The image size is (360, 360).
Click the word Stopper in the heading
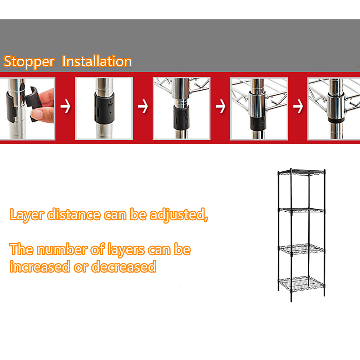[x=29, y=62]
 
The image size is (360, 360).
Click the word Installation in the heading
[x=97, y=62]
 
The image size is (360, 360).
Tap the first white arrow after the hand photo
[x=65, y=107]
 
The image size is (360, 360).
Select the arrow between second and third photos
[x=143, y=107]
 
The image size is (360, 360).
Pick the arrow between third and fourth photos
[x=220, y=107]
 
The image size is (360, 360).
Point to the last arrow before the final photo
[x=298, y=107]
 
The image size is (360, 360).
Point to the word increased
[x=40, y=267]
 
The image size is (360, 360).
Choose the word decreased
[x=124, y=267]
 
